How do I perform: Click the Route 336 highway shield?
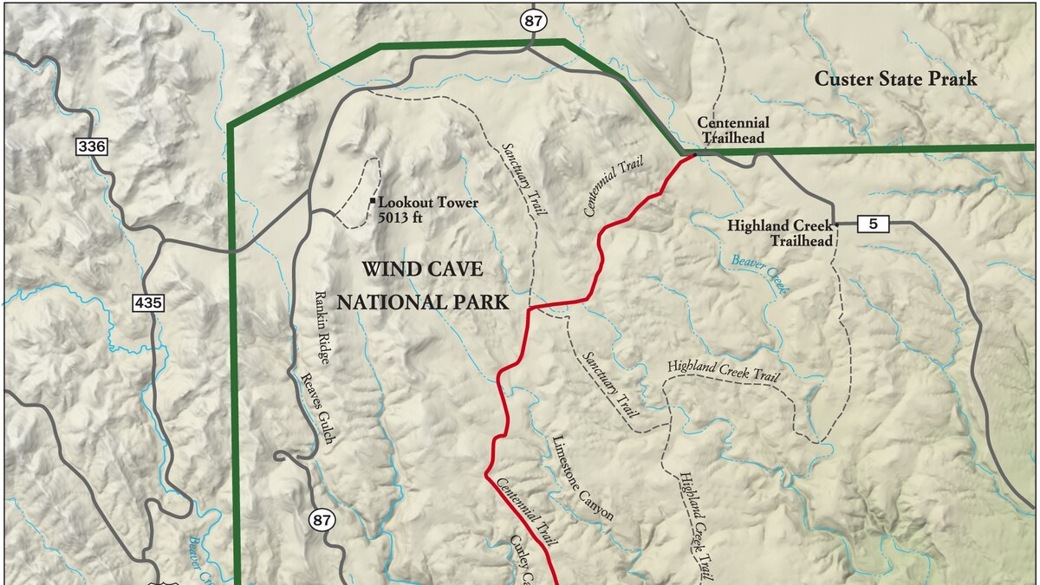click(92, 146)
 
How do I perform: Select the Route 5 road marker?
click(873, 224)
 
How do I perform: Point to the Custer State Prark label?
click(895, 79)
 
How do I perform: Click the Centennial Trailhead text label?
click(733, 130)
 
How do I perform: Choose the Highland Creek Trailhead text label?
click(779, 233)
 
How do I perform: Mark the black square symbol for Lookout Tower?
click(373, 202)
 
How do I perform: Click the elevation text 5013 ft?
click(400, 218)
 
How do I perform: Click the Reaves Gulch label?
click(315, 408)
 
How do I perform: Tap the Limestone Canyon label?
click(583, 478)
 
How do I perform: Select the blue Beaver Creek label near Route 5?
click(760, 276)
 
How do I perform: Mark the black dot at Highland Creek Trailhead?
click(836, 224)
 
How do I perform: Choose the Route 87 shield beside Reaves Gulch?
click(322, 520)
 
